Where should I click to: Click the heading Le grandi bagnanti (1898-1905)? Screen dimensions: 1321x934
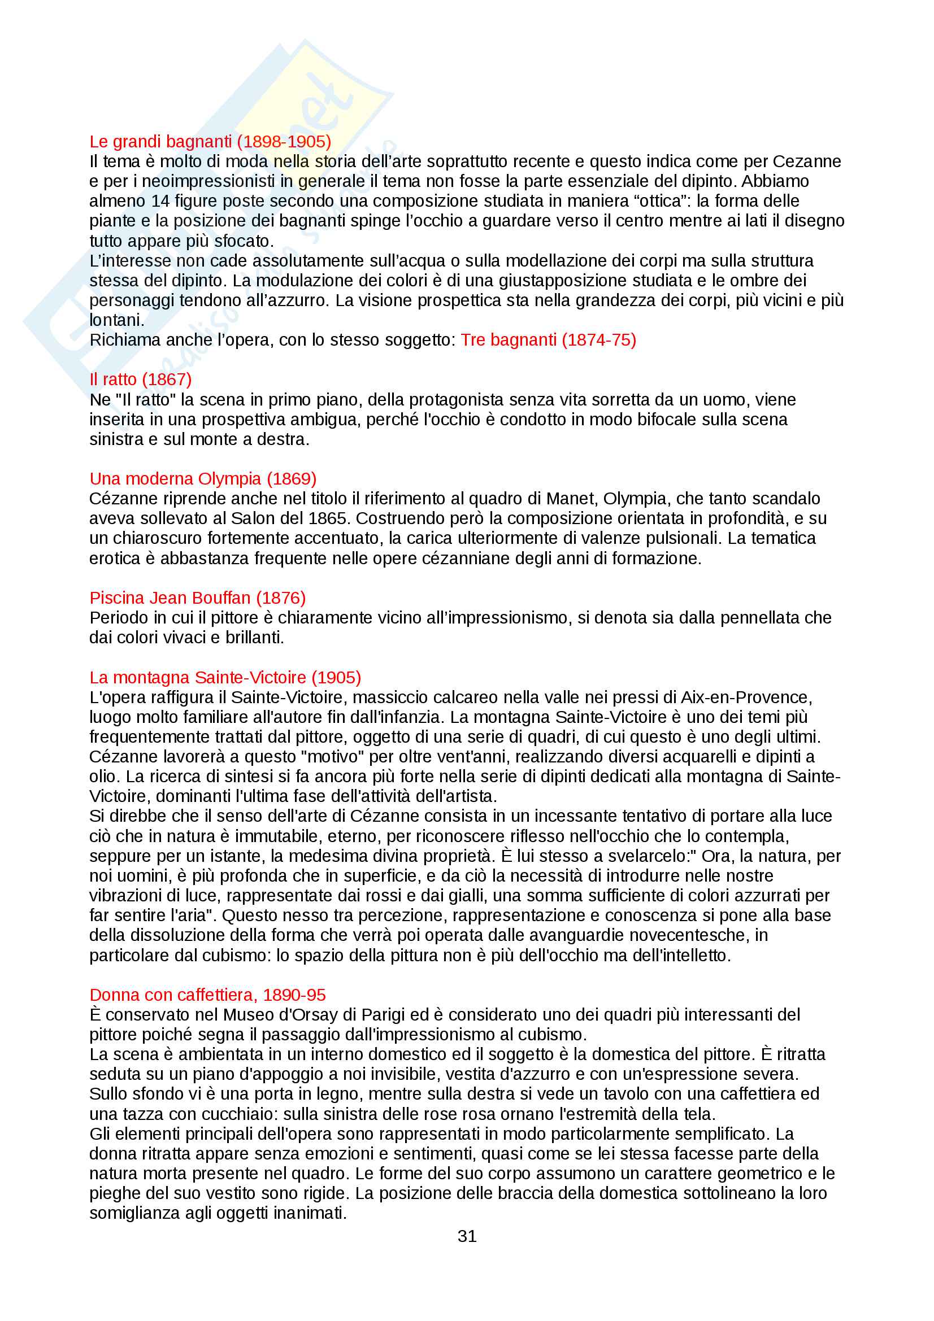tap(210, 142)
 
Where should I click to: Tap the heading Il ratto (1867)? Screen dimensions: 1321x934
tap(141, 380)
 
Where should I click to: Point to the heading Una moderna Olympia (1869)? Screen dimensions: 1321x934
tap(203, 479)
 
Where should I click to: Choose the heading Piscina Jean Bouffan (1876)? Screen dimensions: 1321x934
tap(197, 598)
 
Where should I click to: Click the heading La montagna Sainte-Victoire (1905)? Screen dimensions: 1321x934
tap(225, 677)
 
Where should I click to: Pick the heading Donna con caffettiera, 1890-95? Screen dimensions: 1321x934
tap(207, 995)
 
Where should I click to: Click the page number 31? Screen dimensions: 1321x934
tap(467, 1236)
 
